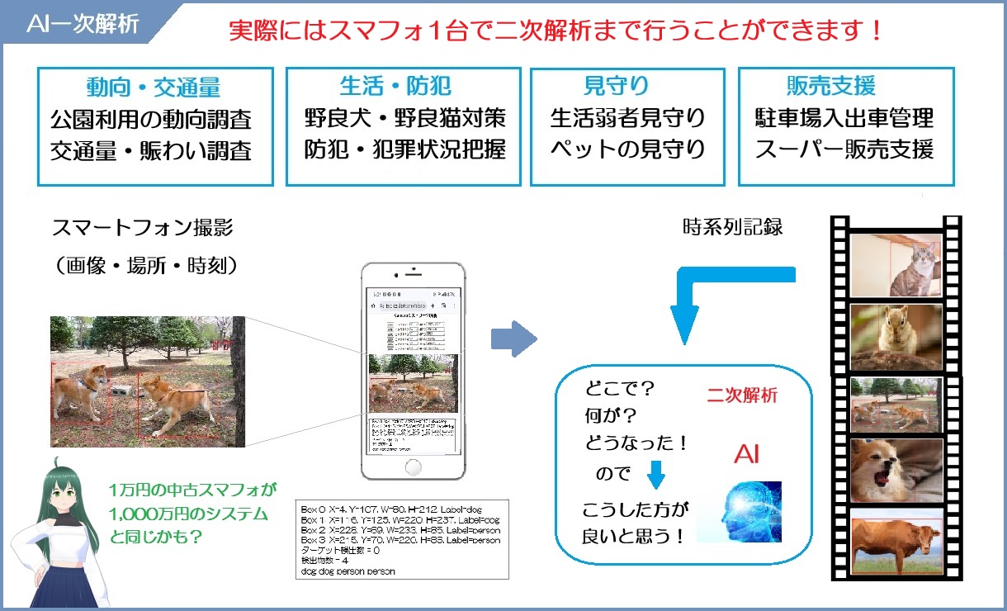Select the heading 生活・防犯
pyautogui.click(x=395, y=86)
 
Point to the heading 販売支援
pyautogui.click(x=830, y=86)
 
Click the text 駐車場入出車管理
pyautogui.click(x=844, y=118)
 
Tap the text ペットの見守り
pyautogui.click(x=628, y=150)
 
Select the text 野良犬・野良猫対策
pyautogui.click(x=404, y=118)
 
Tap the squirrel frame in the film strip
pyautogui.click(x=896, y=337)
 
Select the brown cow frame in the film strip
pyautogui.click(x=896, y=542)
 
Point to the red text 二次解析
pyautogui.click(x=742, y=395)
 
